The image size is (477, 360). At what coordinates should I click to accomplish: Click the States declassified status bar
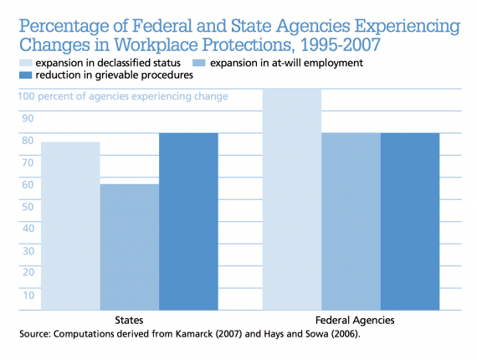click(70, 226)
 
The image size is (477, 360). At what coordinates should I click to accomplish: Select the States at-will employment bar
click(130, 247)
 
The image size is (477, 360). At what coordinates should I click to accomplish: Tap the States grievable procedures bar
click(188, 222)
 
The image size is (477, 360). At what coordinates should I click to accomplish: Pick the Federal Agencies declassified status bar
click(292, 199)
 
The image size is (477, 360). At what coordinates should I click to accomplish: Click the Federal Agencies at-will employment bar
click(351, 222)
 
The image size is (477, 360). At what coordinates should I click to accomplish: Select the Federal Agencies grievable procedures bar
click(410, 222)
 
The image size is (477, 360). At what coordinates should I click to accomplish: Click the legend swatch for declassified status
click(26, 63)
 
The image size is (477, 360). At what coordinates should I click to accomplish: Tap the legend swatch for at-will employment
click(199, 63)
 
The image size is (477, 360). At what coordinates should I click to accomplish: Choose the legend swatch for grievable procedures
click(26, 75)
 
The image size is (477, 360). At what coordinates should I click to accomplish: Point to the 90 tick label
click(28, 118)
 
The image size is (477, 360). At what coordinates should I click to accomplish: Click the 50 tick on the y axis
click(28, 207)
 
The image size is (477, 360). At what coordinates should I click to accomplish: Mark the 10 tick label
click(28, 296)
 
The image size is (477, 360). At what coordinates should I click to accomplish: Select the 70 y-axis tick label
click(28, 162)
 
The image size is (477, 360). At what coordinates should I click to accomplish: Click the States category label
click(129, 320)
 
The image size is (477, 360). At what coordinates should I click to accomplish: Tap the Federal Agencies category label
click(355, 321)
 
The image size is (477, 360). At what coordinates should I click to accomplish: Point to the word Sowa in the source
click(316, 334)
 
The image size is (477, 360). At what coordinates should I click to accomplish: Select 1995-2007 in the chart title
click(341, 44)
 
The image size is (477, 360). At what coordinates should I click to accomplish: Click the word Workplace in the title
click(156, 45)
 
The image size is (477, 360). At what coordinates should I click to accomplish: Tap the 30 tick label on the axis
click(28, 251)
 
